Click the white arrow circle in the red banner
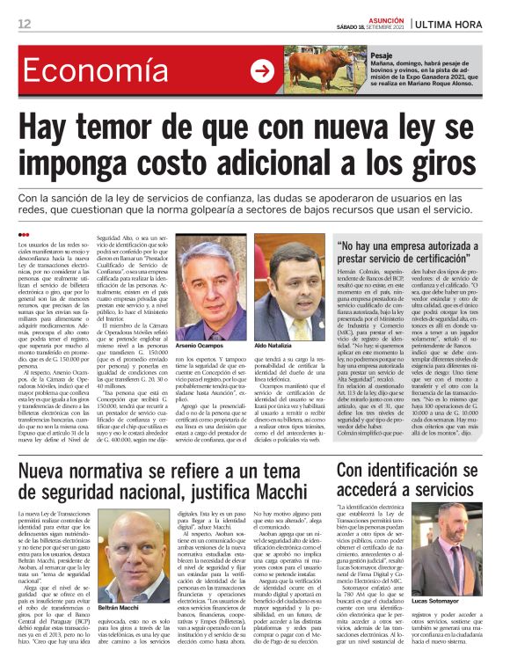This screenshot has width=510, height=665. pyautogui.click(x=262, y=71)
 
